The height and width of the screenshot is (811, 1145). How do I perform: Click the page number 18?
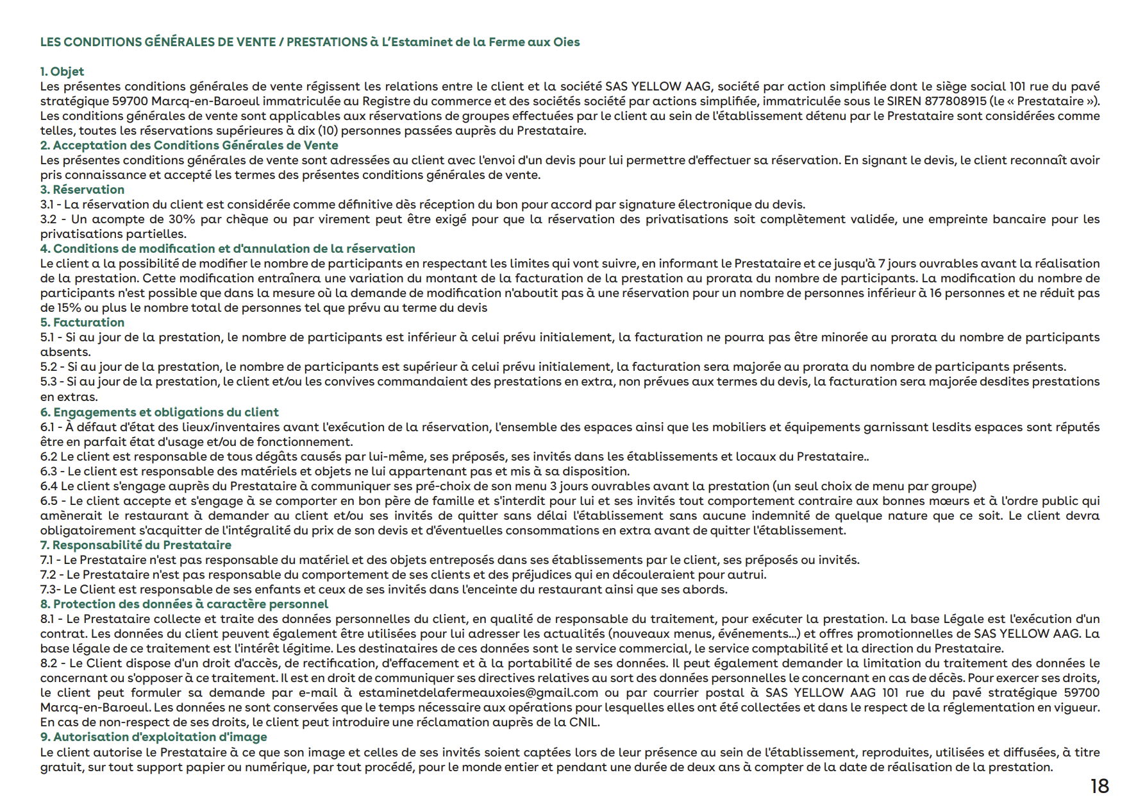click(1099, 786)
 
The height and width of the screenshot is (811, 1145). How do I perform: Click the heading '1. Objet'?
click(62, 72)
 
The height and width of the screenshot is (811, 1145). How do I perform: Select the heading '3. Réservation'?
click(82, 190)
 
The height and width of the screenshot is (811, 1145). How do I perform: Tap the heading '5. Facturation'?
click(82, 323)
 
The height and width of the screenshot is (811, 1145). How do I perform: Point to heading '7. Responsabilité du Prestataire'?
click(135, 545)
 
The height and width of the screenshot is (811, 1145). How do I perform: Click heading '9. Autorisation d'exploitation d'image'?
click(153, 737)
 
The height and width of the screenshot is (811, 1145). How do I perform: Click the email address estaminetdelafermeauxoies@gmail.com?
click(478, 693)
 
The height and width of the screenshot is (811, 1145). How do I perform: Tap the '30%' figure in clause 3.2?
click(181, 219)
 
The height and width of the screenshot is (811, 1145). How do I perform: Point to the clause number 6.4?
click(49, 486)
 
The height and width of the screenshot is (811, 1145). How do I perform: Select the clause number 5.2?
click(49, 367)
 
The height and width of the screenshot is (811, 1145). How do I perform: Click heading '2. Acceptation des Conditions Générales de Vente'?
click(189, 146)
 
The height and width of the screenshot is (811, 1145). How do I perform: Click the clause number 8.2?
click(49, 663)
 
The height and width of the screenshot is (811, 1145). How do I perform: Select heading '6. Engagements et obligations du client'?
click(159, 413)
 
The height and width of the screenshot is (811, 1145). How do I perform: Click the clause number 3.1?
click(48, 205)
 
